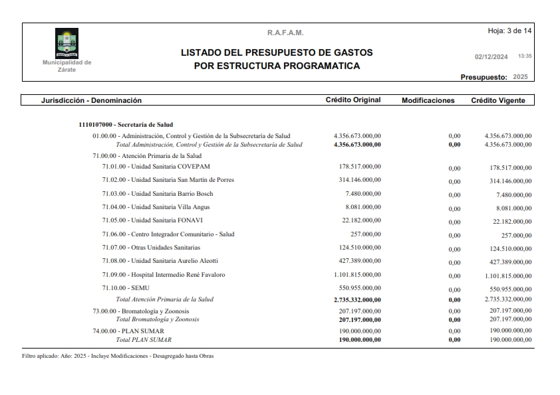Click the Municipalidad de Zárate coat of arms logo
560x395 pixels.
(x=67, y=43)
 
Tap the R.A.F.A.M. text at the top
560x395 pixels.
(x=285, y=33)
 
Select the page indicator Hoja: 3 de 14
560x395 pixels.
(x=510, y=31)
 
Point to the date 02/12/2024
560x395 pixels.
(x=491, y=56)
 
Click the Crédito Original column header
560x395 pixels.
(x=352, y=100)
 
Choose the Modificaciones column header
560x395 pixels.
(x=428, y=100)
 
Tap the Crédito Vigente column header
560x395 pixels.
(x=497, y=100)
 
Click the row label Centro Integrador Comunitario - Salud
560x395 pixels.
(x=168, y=234)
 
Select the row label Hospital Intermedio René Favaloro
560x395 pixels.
(x=163, y=275)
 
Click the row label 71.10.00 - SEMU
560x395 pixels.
(x=126, y=288)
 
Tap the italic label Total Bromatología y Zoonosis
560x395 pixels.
(x=157, y=319)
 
